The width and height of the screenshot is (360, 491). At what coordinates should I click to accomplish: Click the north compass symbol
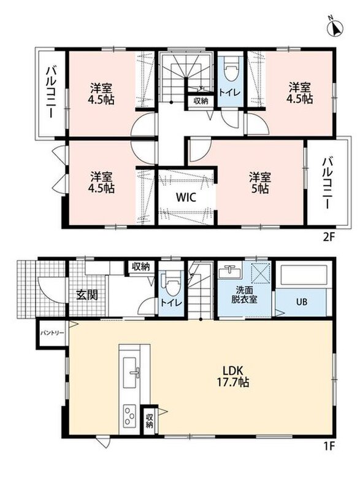coord(335,29)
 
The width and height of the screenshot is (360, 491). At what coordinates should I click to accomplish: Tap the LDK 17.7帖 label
coord(233,376)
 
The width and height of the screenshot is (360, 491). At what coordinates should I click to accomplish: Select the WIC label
coord(186,198)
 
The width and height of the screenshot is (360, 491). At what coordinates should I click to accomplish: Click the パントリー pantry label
coord(52,333)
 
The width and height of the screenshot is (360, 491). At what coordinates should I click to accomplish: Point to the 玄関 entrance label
coord(87,295)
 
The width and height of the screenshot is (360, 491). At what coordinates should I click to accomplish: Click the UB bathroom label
coord(302,301)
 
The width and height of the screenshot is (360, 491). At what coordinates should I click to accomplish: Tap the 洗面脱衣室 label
coord(244,294)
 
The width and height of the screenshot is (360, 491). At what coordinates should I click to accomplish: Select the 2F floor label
coord(328,237)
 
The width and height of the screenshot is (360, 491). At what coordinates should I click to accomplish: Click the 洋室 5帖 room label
coord(260,183)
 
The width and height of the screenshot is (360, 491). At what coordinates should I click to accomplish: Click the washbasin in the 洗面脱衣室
coord(230,271)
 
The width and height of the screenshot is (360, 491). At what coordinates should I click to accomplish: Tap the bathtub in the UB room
coord(304,274)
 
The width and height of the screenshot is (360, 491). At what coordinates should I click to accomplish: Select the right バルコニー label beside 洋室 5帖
coord(327,183)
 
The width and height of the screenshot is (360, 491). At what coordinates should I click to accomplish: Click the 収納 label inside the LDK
coord(149,420)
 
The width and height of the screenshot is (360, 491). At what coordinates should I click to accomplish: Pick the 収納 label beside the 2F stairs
coord(201,101)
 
